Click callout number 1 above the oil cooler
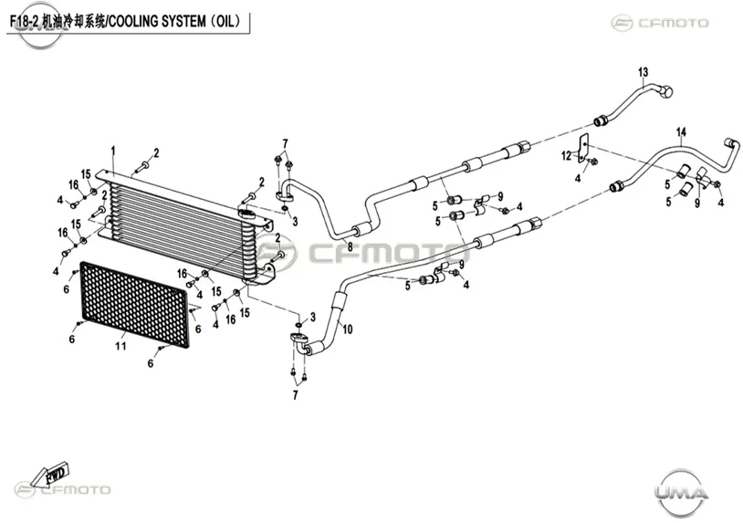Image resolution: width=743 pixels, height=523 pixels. pos(113,152)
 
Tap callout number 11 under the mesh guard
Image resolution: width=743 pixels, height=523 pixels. pos(120,346)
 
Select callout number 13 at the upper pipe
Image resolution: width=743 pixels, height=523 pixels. pos(643,72)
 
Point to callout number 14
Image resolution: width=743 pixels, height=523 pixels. pos(681,132)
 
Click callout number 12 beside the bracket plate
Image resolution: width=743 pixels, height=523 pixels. pos(567,155)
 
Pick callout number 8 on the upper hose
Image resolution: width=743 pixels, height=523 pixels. pos(351,246)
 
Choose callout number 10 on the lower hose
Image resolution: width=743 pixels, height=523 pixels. pos(348,329)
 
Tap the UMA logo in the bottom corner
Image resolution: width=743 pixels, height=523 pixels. pos(681,494)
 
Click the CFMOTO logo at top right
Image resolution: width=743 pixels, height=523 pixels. pos(660,23)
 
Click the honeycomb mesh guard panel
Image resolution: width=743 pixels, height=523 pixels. pos(134,304)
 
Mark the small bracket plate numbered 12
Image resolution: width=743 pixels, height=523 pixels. pos(583,148)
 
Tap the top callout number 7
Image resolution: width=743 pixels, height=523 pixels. pos(286,143)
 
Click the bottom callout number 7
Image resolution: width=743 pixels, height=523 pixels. pos(296,394)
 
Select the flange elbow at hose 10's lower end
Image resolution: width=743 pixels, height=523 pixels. pos(300,342)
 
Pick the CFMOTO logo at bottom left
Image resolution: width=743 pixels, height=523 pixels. pos(63,490)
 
